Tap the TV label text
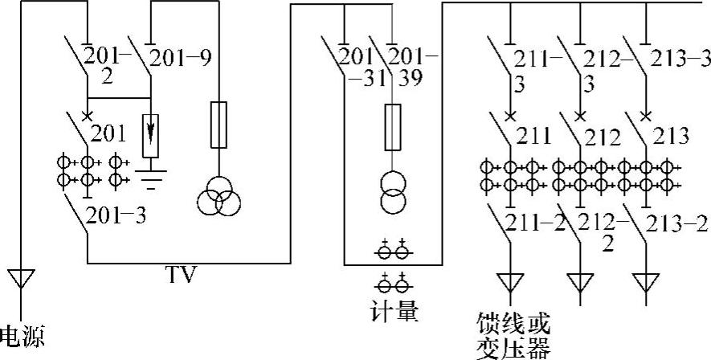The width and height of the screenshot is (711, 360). tap(182, 276)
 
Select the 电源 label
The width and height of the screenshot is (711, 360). tap(22, 337)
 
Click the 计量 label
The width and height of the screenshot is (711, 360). tap(395, 310)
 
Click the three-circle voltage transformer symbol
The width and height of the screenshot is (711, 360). tap(219, 196)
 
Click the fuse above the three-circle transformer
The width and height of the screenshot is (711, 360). tap(219, 125)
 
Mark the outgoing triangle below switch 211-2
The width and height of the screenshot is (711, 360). tap(510, 282)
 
